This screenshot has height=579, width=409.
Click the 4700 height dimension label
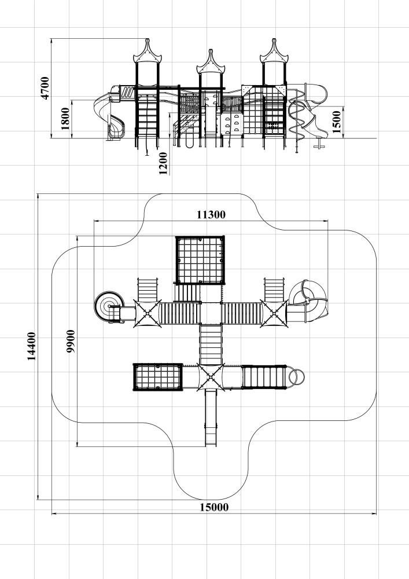tap(45, 88)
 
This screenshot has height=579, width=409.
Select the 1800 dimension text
tap(65, 119)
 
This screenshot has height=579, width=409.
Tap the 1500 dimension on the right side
tap(337, 122)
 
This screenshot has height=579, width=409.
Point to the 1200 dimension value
tap(163, 163)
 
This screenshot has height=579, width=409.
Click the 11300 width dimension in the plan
tap(211, 215)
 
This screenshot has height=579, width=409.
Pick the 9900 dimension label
tap(71, 341)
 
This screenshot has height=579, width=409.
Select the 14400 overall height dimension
tap(32, 346)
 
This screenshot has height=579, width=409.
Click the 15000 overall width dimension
tap(214, 507)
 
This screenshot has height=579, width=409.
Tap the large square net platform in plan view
tap(200, 260)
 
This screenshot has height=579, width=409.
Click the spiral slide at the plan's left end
tap(107, 306)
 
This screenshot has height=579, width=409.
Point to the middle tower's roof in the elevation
tap(211, 62)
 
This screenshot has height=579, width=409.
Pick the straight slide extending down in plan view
tap(211, 417)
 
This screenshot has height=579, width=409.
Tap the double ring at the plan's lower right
tap(296, 377)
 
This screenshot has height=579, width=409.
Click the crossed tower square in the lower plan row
tap(211, 377)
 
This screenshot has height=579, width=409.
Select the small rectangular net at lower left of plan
tap(158, 377)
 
